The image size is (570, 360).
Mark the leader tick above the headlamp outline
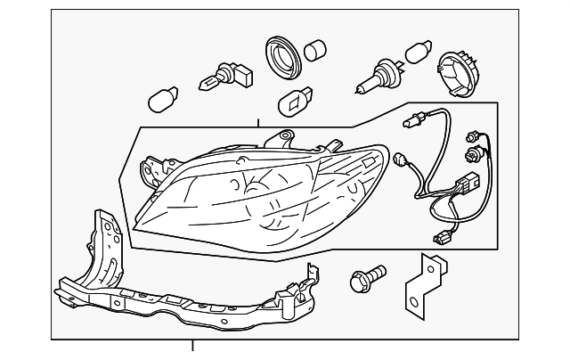pos(258,124)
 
